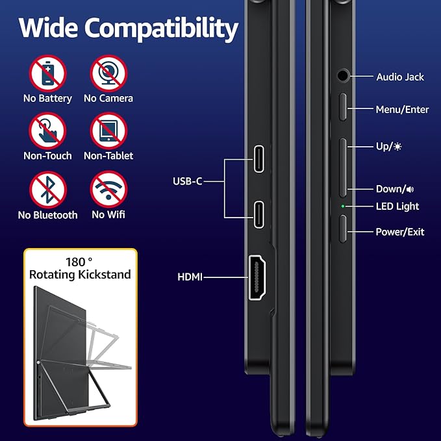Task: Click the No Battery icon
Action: click(47, 73)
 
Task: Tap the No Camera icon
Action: click(108, 73)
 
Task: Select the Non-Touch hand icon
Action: click(47, 131)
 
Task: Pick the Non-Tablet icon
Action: click(108, 131)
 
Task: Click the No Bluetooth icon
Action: click(47, 190)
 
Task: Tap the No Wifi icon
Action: click(108, 190)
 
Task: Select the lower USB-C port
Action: click(258, 215)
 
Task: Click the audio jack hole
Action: click(343, 75)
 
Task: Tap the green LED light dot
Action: click(343, 207)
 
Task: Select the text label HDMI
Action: click(190, 277)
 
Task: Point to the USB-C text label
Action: click(188, 181)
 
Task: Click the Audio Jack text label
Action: click(400, 77)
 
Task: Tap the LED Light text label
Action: click(397, 207)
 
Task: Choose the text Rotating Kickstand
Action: click(80, 275)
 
